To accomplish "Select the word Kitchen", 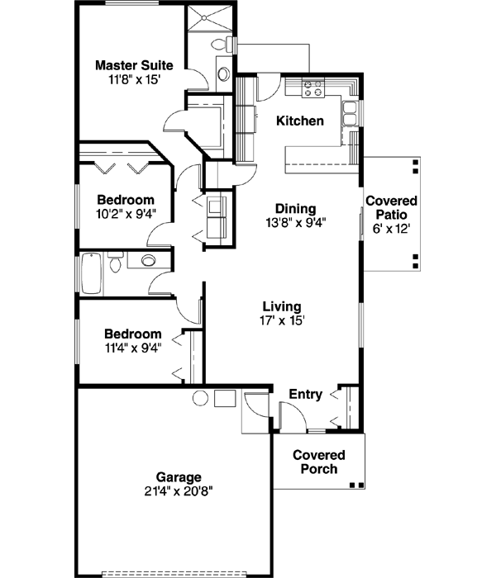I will tap(299, 121).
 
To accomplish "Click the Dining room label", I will tap(295, 209).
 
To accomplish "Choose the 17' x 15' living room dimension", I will tap(281, 320).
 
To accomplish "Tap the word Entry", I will tap(305, 395).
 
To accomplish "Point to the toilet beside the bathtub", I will tap(117, 263).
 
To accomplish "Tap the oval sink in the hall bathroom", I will tap(148, 261).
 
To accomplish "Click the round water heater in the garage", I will tap(200, 399).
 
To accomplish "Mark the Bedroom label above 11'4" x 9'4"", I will tap(132, 334).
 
